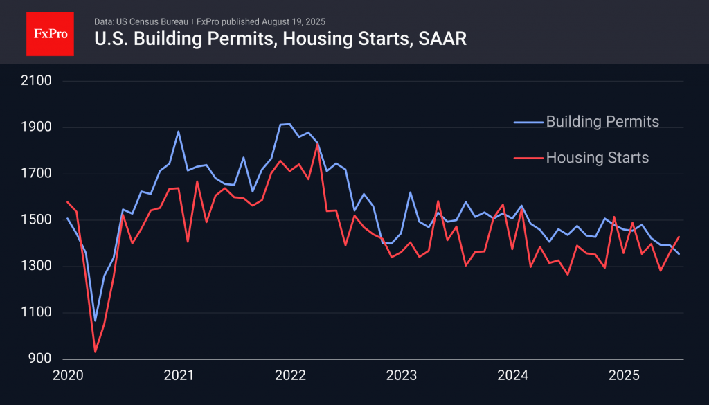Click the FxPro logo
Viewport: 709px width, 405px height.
[x=50, y=33]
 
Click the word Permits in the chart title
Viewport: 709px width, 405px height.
[x=234, y=39]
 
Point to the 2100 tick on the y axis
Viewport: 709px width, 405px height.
[x=37, y=82]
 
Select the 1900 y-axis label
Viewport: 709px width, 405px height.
[x=37, y=128]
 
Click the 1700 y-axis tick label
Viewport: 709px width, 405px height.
[x=37, y=174]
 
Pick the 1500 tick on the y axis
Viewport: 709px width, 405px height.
[x=37, y=220]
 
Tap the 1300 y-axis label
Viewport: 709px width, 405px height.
[x=37, y=267]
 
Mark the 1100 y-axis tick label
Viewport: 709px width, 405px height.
[x=37, y=313]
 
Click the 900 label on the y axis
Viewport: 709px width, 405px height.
[x=40, y=359]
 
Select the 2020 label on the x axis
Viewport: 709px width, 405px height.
[x=68, y=376]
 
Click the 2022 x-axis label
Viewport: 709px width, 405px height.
[x=290, y=376]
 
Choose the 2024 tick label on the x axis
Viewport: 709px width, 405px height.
[x=512, y=376]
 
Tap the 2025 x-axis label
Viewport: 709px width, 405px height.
[x=623, y=376]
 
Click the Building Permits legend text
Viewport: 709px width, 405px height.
[x=602, y=122]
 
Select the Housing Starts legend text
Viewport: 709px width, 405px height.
[x=598, y=158]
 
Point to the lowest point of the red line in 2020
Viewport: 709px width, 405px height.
[x=95, y=352]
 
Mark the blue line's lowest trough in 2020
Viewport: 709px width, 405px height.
[x=95, y=321]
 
